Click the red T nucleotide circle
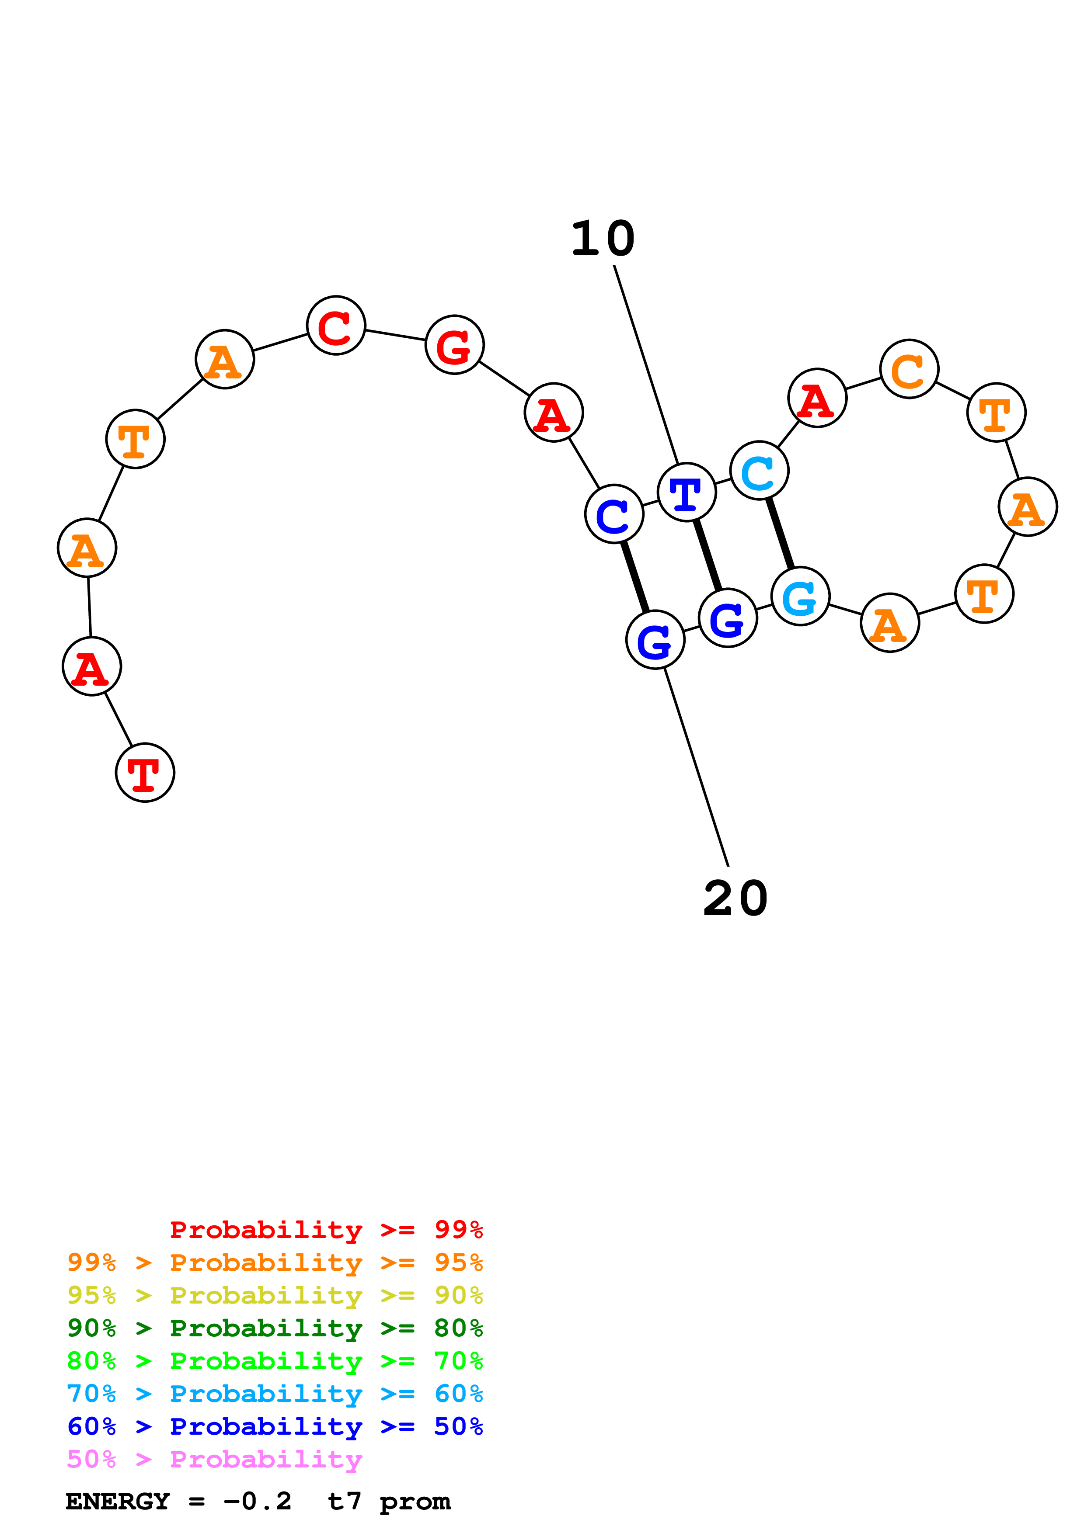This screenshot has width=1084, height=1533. tap(145, 773)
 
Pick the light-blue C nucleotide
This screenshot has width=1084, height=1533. tap(760, 470)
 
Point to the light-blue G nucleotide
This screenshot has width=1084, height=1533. tap(800, 596)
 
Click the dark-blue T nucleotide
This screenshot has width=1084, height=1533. tap(687, 492)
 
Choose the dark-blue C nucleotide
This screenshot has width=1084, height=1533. tap(614, 514)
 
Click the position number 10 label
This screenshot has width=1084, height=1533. tap(603, 239)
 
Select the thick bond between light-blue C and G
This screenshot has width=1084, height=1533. tap(780, 533)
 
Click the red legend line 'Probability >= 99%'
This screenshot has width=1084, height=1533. tap(326, 1229)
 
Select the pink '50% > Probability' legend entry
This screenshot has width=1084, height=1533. tap(214, 1458)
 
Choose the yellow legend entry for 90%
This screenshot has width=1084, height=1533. tap(275, 1295)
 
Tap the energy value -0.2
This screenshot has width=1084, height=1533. tap(257, 1501)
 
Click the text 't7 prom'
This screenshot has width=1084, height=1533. tap(389, 1501)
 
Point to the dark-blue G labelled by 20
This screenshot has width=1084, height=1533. tap(655, 640)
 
